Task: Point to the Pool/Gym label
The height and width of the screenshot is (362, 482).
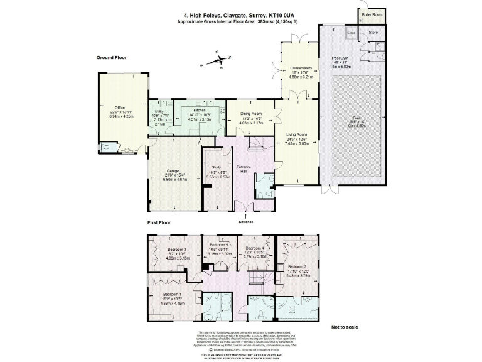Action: (341, 58)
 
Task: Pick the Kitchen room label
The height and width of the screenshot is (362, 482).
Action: (200, 110)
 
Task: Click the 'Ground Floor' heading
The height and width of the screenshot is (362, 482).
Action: (112, 57)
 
